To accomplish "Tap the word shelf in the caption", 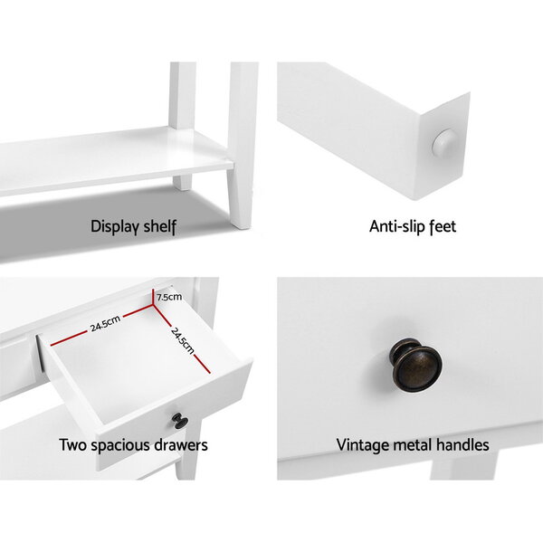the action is coord(159,226).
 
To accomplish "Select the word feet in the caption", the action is coord(443,226).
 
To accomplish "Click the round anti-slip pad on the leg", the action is coord(444,143).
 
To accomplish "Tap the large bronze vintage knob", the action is coord(416,365).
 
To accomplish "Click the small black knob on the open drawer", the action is coord(180,421).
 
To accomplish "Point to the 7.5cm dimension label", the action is coord(168,297).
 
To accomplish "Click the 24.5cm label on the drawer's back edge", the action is coord(105,323).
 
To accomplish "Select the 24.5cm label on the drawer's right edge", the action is coord(183,341).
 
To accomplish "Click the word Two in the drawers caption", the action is coord(72,445).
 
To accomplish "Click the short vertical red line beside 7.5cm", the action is coord(153,297).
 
